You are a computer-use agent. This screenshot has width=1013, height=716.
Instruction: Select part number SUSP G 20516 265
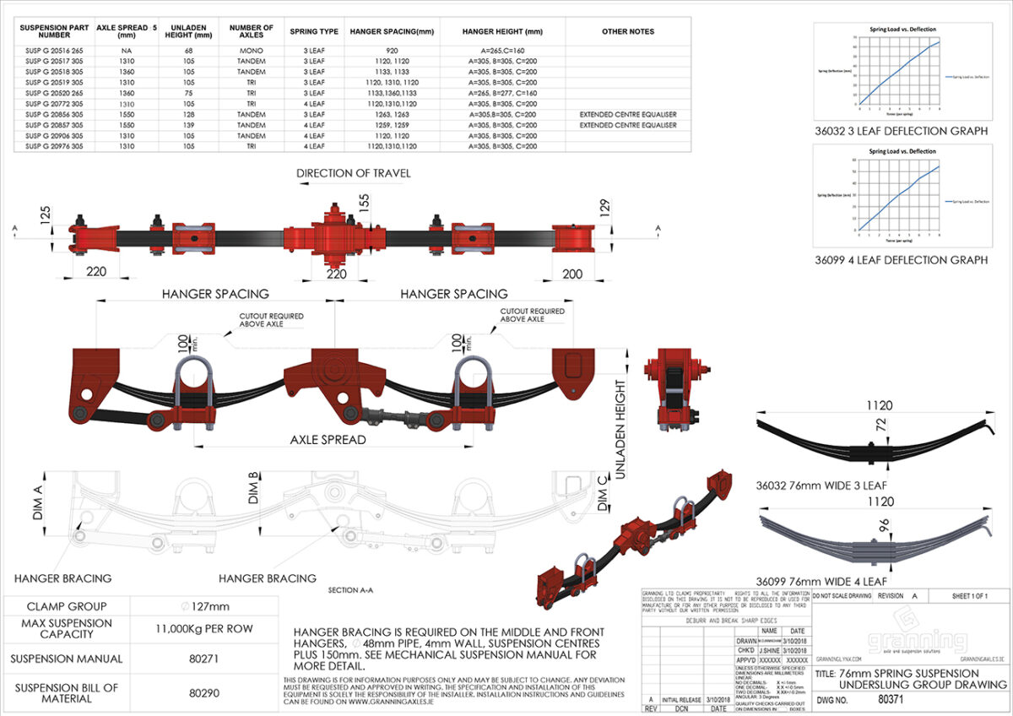click(x=54, y=51)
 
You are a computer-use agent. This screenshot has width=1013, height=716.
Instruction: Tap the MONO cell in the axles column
click(x=251, y=51)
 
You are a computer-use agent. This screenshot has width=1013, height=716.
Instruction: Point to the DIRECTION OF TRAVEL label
click(x=354, y=173)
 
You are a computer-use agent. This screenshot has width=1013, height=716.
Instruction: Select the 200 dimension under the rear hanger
click(x=572, y=274)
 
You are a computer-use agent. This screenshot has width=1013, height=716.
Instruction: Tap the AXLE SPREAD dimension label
click(x=328, y=440)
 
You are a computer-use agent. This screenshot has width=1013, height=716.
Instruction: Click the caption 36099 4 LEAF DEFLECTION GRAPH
click(x=901, y=260)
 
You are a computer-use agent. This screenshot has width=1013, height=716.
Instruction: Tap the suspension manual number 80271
click(x=204, y=659)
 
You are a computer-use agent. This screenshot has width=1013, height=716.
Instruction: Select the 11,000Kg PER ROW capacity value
click(x=204, y=629)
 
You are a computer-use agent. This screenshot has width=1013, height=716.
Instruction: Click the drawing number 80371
click(x=891, y=700)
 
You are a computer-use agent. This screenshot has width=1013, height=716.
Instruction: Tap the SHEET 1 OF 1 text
click(x=975, y=596)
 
